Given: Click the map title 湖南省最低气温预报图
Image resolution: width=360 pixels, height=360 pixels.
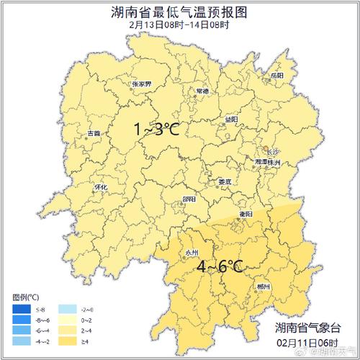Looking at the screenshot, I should coord(179,12).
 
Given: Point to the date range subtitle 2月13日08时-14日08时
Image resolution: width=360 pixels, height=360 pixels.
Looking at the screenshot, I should coord(179,25).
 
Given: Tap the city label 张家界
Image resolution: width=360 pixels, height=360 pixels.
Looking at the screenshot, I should coord(141,84).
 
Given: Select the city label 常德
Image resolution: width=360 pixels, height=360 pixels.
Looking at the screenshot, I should coord(202,91).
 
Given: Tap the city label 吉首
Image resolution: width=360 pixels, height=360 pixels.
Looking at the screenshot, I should coord(94,133).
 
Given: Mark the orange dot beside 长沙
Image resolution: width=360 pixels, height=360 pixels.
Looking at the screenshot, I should coord(266,147).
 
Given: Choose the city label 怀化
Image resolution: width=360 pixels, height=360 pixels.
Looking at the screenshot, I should coord(101,187).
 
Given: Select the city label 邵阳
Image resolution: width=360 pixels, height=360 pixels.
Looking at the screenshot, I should coord(189,199).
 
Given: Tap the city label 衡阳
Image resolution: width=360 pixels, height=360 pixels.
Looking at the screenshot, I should coord(246,214).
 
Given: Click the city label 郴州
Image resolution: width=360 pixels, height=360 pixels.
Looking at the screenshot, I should coord(264,287).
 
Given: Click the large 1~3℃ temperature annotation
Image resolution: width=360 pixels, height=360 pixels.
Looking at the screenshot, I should coord(156,130).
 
